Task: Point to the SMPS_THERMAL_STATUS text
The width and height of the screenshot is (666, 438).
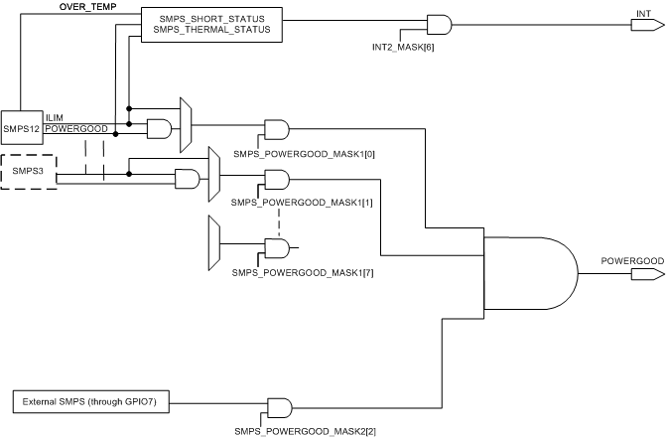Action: coord(211,32)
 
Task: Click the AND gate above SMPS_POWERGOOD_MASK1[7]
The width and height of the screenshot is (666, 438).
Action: coord(277,247)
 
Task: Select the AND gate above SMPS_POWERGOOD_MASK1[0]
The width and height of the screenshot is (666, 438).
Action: coord(277,130)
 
